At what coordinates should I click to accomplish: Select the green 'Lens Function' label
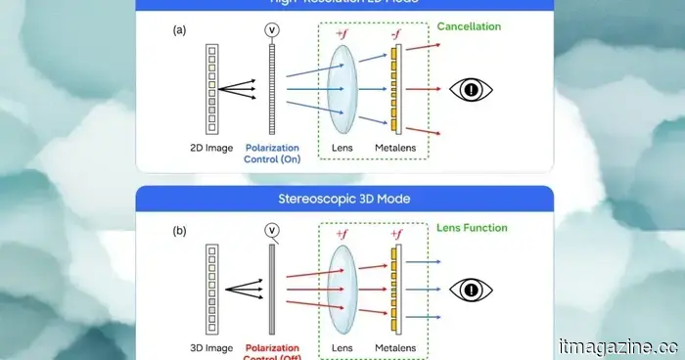coord(472,228)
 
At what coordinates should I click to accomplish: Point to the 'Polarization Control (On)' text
coord(271,154)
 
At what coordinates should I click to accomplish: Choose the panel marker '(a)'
coord(179,30)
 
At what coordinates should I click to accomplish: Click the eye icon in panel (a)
coord(471,90)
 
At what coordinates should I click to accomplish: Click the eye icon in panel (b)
coord(471,290)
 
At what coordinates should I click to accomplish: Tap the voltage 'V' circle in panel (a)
coord(271,29)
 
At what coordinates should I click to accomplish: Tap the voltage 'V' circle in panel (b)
coord(271,231)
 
